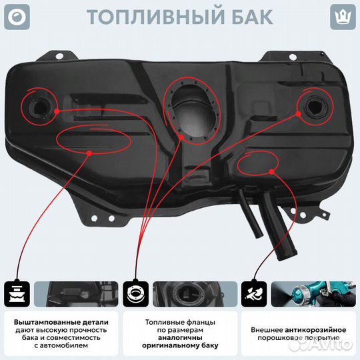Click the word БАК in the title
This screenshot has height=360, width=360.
(x=249, y=17)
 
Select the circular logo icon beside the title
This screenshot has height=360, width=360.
(x=19, y=16)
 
